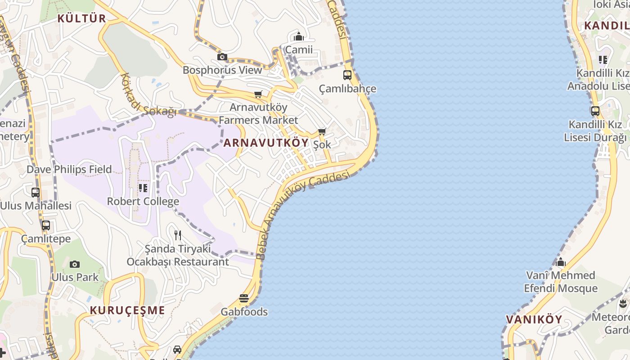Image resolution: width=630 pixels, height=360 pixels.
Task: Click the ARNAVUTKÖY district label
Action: [x=266, y=143]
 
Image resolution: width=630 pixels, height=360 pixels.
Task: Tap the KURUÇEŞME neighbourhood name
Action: [x=127, y=310]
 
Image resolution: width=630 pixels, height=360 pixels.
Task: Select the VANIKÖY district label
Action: [x=534, y=319]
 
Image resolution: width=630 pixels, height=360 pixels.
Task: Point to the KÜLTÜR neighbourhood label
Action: [x=81, y=18]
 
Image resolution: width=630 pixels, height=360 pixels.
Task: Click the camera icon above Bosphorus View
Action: [x=222, y=57]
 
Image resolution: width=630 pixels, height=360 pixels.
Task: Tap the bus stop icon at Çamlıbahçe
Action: [x=347, y=75]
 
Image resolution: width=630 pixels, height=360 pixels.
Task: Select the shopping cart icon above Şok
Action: [x=322, y=132]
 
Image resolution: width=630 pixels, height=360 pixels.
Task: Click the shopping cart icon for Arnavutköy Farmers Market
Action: [x=258, y=94]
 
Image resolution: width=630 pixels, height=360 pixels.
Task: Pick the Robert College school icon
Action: [x=143, y=188]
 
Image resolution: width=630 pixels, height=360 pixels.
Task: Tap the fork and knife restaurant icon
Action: [x=178, y=235]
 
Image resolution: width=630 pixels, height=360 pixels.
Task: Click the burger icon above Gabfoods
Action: [x=244, y=298]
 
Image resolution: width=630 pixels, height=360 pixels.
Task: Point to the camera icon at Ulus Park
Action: [x=75, y=264]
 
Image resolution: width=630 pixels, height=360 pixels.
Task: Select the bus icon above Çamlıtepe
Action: [x=46, y=225]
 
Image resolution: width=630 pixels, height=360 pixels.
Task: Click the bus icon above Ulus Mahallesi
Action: [x=36, y=193]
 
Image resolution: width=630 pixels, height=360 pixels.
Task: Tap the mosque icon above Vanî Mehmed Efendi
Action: [x=560, y=262]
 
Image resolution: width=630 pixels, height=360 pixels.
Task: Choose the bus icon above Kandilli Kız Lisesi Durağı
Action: [x=595, y=111]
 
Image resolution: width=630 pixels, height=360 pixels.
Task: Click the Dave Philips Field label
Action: [x=69, y=170]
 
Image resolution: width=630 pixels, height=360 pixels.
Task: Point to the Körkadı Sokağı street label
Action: [x=148, y=95]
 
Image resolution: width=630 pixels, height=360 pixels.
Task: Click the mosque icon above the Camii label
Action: [x=299, y=37]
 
